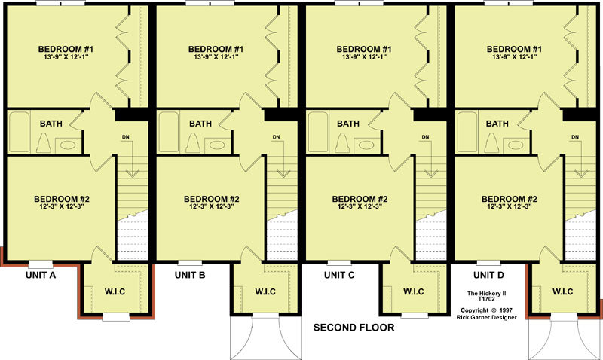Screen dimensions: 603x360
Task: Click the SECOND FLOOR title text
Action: point(354,328)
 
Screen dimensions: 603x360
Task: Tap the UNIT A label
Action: point(41,275)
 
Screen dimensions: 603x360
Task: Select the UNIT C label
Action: point(339,275)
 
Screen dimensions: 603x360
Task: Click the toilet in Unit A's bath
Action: point(44,143)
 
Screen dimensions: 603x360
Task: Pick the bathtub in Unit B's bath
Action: point(169,132)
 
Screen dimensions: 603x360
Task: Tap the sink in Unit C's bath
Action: point(366,145)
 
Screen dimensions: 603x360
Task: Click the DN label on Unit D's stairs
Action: point(575,137)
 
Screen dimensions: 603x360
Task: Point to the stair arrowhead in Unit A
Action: point(132,173)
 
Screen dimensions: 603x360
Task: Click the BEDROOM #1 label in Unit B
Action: point(216,49)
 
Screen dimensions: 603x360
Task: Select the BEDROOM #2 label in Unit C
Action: point(360,199)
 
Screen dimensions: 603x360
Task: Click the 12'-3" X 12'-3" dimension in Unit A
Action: point(62,206)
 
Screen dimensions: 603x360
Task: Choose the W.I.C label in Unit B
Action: point(265,291)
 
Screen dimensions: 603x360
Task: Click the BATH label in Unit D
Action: point(497,124)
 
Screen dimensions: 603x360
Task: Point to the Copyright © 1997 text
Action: point(486,310)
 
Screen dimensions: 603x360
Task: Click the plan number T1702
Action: point(486,298)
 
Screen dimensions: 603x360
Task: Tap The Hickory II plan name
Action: point(486,293)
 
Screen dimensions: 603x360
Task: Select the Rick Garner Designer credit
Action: point(486,317)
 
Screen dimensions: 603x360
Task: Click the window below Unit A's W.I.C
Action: point(116,317)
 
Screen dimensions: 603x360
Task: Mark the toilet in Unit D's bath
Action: point(491,143)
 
